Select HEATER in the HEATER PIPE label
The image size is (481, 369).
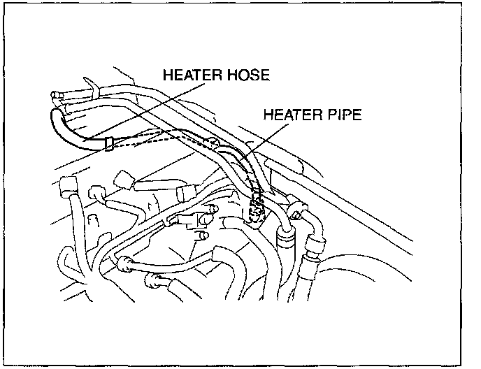(287, 114)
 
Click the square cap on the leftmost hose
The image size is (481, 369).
(69, 187)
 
